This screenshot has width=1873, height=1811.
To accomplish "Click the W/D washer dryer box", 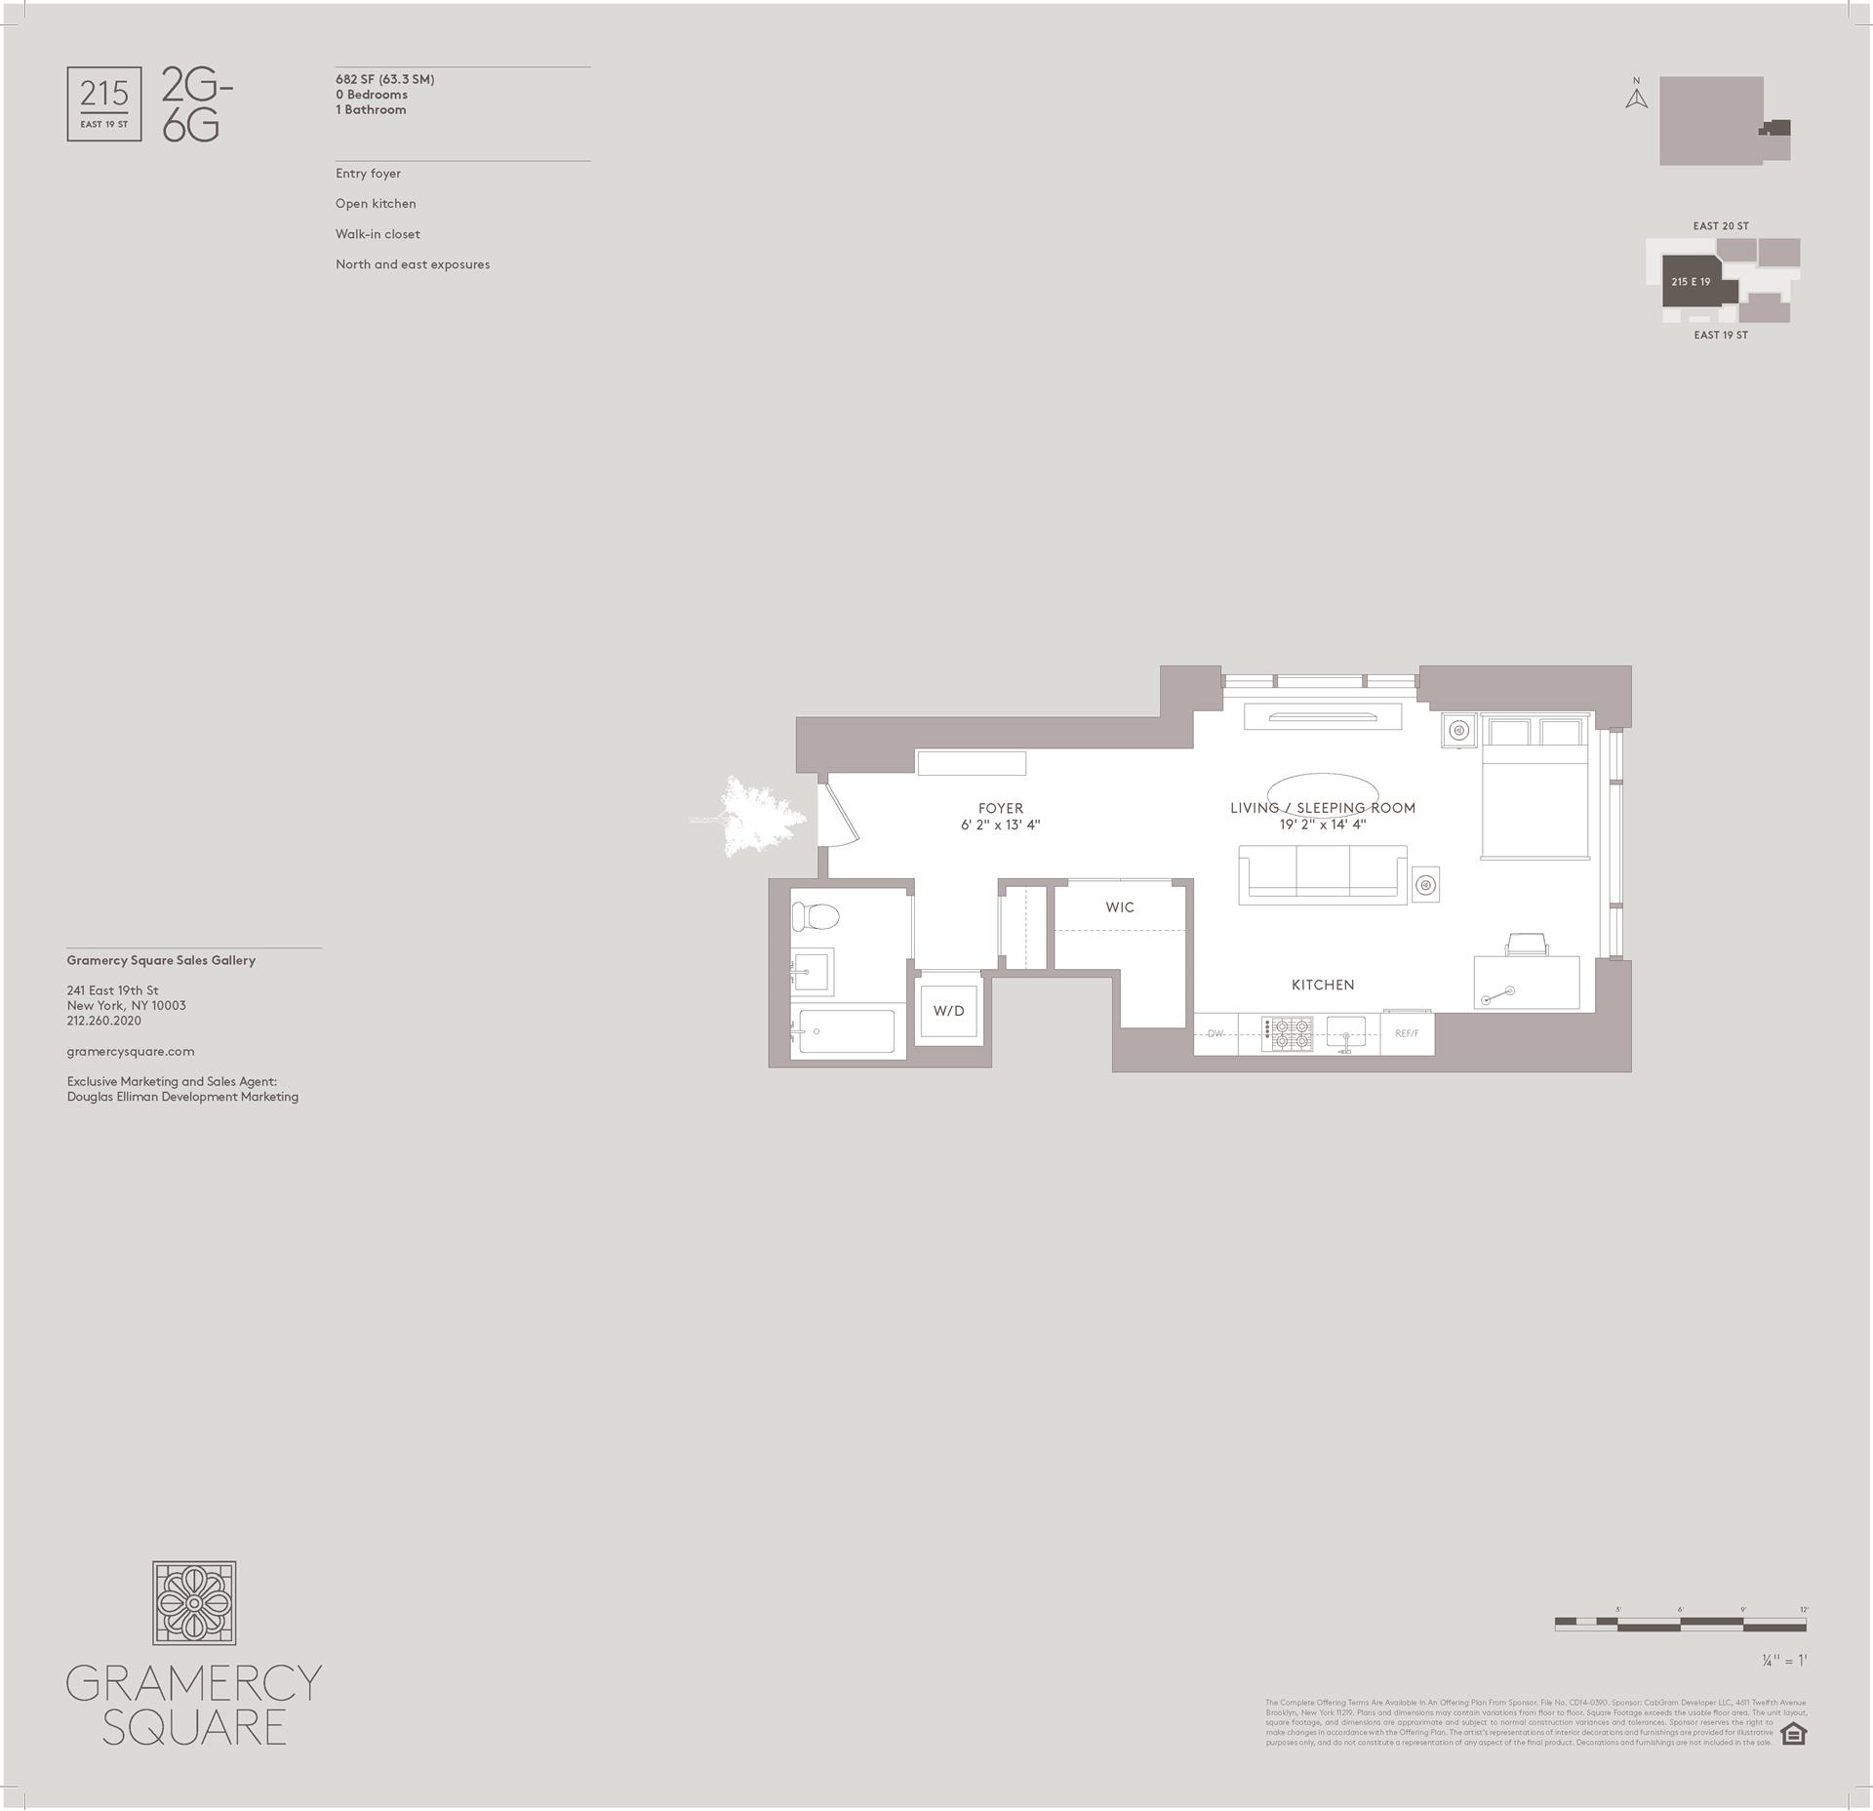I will pos(948,1010).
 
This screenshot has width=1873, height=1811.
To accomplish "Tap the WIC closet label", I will pos(1120,907).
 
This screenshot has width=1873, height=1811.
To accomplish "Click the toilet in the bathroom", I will pos(817,917).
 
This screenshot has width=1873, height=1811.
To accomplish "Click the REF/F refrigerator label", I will pos(1407,1033).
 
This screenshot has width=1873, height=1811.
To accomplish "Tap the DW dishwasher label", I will pos(1215,1033).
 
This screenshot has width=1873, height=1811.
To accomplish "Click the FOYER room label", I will pos(1001,808).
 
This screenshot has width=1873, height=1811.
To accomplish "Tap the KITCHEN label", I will pos(1323,985).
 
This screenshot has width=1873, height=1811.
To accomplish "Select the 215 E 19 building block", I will pos(1693,282).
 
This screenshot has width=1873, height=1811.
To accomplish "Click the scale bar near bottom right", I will pos(1680,1624).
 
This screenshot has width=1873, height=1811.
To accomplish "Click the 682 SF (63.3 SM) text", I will pos(385,80).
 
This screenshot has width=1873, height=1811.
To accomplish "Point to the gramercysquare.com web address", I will pos(131,1051).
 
